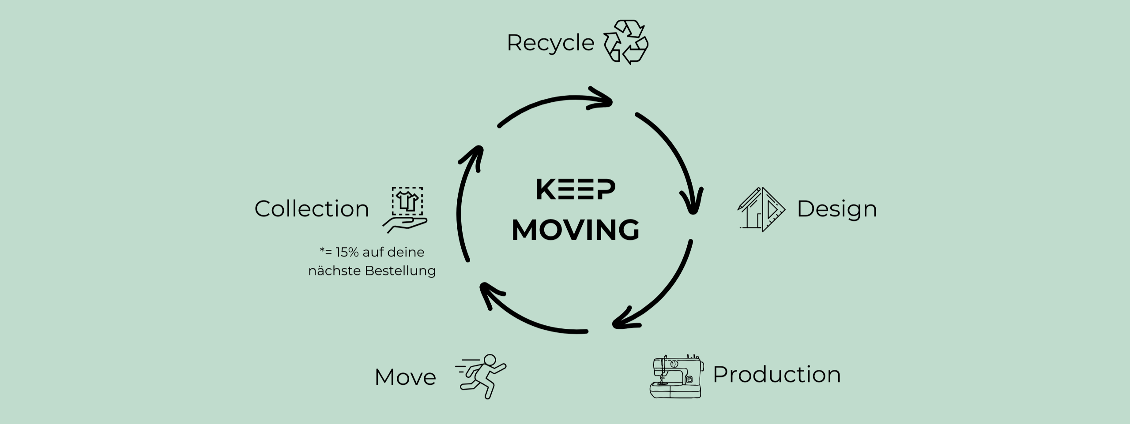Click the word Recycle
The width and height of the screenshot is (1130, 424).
click(x=550, y=43)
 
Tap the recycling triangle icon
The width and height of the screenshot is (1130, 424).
click(x=625, y=42)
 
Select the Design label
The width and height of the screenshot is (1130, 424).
click(x=836, y=209)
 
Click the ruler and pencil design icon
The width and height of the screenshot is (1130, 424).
click(x=761, y=209)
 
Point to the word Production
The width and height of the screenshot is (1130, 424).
click(x=776, y=375)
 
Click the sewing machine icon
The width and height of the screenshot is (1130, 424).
click(x=676, y=377)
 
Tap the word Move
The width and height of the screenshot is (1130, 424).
click(x=405, y=377)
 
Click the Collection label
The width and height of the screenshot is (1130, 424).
click(x=312, y=209)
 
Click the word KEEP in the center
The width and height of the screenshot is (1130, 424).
click(x=575, y=190)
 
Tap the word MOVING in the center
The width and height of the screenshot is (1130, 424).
click(x=575, y=230)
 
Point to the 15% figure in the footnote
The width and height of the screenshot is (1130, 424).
click(x=347, y=252)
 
